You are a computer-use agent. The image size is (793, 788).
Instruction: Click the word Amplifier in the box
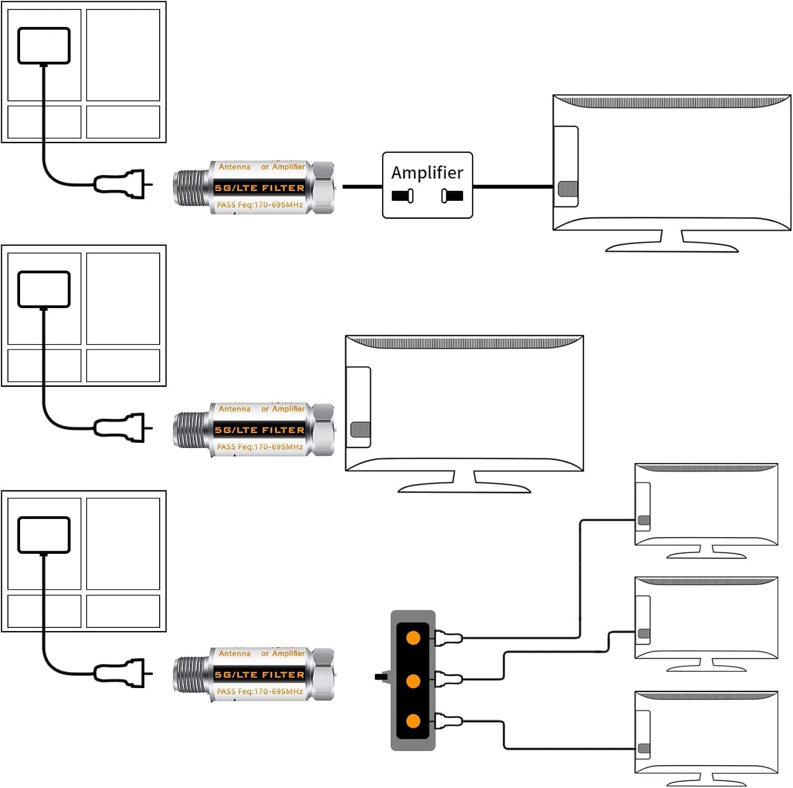[x=427, y=173]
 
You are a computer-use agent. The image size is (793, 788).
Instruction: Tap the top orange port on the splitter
[x=413, y=638]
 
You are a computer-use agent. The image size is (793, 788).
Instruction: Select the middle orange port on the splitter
[x=413, y=681]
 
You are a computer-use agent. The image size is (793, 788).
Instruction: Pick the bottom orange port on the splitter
[x=413, y=721]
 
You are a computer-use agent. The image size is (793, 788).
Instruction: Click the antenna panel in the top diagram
[x=44, y=46]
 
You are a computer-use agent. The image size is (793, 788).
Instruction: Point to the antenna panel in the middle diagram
[x=44, y=289]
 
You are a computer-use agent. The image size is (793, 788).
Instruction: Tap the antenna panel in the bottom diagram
[x=44, y=535]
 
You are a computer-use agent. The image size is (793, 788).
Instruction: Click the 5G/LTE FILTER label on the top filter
[x=260, y=188]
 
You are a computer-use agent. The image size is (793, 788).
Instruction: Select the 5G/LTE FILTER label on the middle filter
[x=260, y=430]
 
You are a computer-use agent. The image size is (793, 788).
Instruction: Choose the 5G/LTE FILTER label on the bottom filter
[x=260, y=675]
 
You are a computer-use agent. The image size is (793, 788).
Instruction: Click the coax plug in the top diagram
[x=121, y=184]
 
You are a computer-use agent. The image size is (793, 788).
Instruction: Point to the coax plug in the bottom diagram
[x=121, y=673]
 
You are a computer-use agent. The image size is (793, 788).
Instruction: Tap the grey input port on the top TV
[x=568, y=189]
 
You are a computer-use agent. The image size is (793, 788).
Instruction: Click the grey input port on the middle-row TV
[x=361, y=429]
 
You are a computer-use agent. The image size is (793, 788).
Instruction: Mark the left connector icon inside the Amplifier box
[x=402, y=196]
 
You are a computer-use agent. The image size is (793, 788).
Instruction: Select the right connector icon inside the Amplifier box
[x=452, y=196]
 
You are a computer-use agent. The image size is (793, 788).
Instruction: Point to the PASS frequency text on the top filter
[x=260, y=205]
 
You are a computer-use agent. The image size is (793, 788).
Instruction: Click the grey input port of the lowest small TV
[x=644, y=748]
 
